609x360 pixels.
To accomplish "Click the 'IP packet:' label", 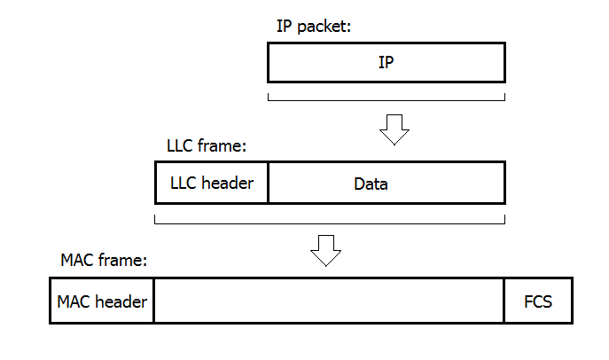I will (x=314, y=27).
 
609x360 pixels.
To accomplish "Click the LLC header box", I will (x=211, y=184).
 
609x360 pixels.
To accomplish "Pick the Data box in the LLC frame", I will (x=386, y=184).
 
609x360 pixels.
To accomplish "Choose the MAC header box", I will (x=102, y=301).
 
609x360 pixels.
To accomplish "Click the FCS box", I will (x=538, y=301).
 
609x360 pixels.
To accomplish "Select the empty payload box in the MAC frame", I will (x=329, y=301).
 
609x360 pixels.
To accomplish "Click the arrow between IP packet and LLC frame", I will (x=394, y=129).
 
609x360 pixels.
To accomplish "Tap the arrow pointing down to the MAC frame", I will (x=325, y=250).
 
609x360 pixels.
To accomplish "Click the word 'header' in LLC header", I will (x=230, y=184).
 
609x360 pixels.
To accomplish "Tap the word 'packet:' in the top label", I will (x=324, y=27).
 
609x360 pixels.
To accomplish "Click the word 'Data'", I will (x=371, y=184).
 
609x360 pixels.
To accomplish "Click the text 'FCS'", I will (x=538, y=301).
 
